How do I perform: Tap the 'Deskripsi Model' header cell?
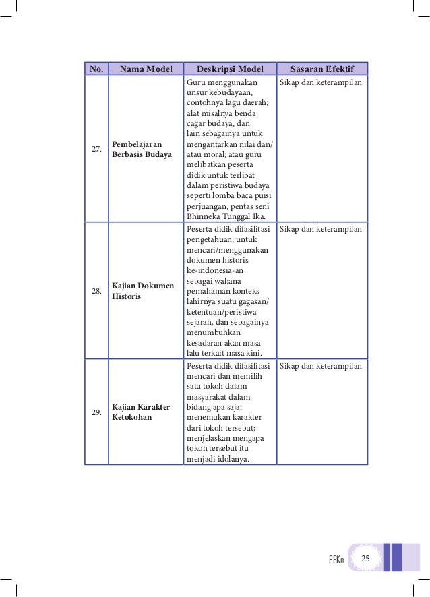[230, 69]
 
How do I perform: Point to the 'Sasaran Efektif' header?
[322, 69]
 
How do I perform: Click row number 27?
[96, 150]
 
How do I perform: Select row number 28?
[96, 291]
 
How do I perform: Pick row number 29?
[96, 412]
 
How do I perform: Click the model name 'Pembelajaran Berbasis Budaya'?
[141, 150]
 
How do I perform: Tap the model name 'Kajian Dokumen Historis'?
[143, 291]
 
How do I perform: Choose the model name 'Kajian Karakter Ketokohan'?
[141, 412]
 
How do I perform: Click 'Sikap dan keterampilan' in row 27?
[321, 82]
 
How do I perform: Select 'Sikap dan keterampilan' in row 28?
[321, 230]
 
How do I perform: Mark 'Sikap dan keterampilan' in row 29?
[321, 366]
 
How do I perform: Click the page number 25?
[366, 559]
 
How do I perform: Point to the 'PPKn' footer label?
[336, 560]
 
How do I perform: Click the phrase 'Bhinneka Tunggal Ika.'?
[226, 216]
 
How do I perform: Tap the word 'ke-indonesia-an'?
[214, 270]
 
